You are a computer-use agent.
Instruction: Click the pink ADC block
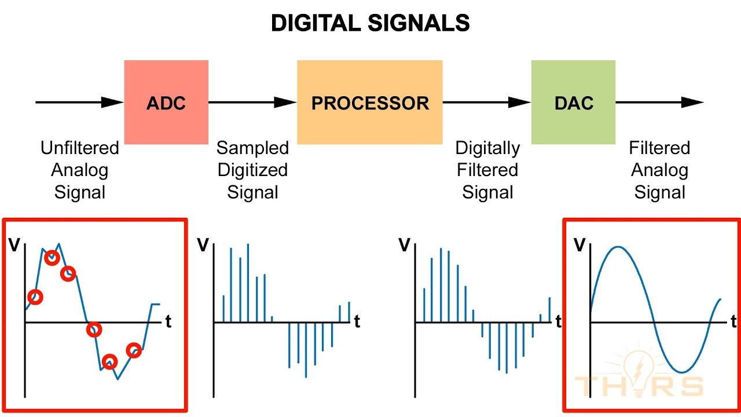click(166, 102)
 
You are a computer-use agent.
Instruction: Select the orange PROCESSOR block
click(370, 102)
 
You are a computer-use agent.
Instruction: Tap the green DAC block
click(573, 102)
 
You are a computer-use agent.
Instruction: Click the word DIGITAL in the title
click(316, 23)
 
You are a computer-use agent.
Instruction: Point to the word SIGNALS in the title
click(419, 23)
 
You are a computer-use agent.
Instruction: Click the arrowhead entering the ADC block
click(112, 103)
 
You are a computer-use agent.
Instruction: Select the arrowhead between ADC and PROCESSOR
click(285, 103)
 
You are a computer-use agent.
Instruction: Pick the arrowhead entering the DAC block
click(520, 103)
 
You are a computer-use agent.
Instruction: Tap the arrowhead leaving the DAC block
click(693, 103)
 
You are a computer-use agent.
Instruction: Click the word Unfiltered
click(80, 148)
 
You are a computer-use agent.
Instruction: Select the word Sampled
click(253, 148)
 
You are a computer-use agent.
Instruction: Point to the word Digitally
click(487, 148)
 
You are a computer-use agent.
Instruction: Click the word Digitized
click(253, 170)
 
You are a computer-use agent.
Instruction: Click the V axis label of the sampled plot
click(203, 245)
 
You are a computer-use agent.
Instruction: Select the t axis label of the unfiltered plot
click(168, 321)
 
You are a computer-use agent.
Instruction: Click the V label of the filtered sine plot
click(579, 245)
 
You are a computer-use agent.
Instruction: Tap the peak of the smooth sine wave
click(618, 247)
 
